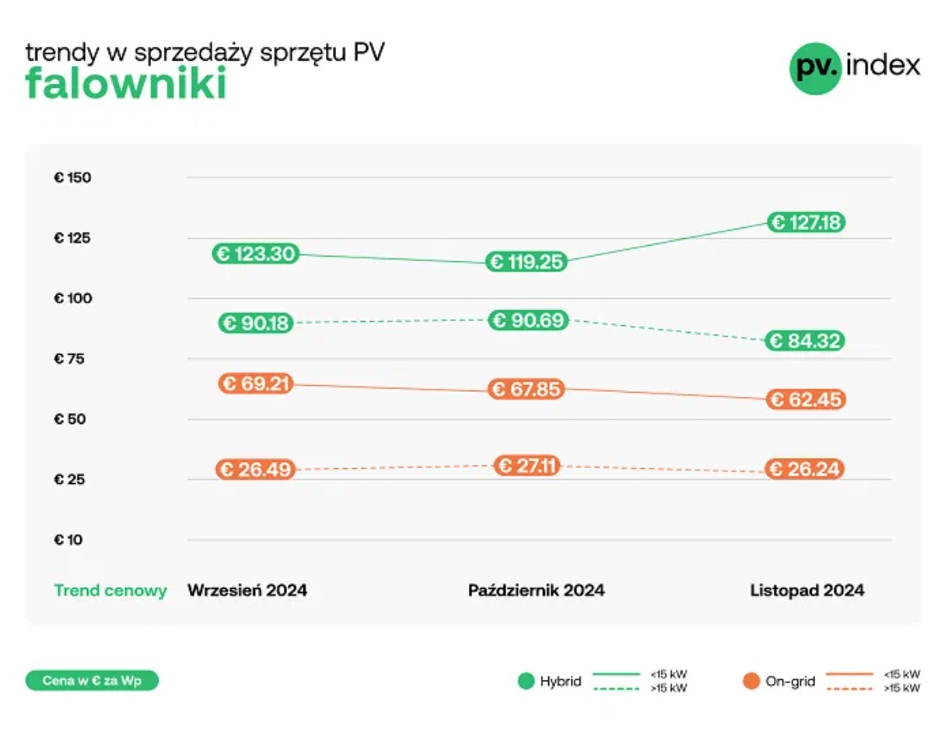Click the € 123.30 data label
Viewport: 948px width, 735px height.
point(255,254)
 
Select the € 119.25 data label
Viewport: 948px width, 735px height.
point(526,262)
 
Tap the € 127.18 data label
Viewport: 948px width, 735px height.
point(805,222)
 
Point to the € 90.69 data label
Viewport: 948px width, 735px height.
point(528,320)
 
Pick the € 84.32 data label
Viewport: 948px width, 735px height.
point(805,341)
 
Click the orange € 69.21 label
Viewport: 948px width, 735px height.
point(255,383)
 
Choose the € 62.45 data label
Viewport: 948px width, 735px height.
point(805,400)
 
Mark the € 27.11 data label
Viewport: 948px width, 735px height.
point(527,466)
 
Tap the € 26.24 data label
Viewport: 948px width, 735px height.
point(805,469)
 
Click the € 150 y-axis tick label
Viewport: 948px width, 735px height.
point(72,177)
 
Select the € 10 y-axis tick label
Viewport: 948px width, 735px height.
point(68,540)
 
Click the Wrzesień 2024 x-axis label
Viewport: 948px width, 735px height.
point(247,590)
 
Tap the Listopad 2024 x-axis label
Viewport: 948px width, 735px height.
point(807,590)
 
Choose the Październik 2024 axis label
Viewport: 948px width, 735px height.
point(536,590)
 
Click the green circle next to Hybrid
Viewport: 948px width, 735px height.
point(526,682)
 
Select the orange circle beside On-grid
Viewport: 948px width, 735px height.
point(750,682)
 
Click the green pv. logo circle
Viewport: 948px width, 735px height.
point(815,68)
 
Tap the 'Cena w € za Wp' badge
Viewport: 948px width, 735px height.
point(92,681)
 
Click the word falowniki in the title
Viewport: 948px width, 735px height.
point(126,84)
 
